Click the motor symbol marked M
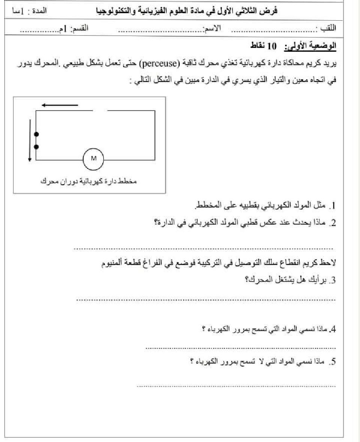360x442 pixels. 94,158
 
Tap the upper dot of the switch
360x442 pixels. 36,134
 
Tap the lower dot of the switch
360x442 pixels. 36,147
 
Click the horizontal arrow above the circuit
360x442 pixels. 60,105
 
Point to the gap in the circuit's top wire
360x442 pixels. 100,111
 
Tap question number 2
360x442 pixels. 332,223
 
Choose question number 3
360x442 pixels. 332,280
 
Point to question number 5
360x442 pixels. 332,362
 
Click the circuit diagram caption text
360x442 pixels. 88,181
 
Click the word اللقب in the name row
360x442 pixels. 328,28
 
